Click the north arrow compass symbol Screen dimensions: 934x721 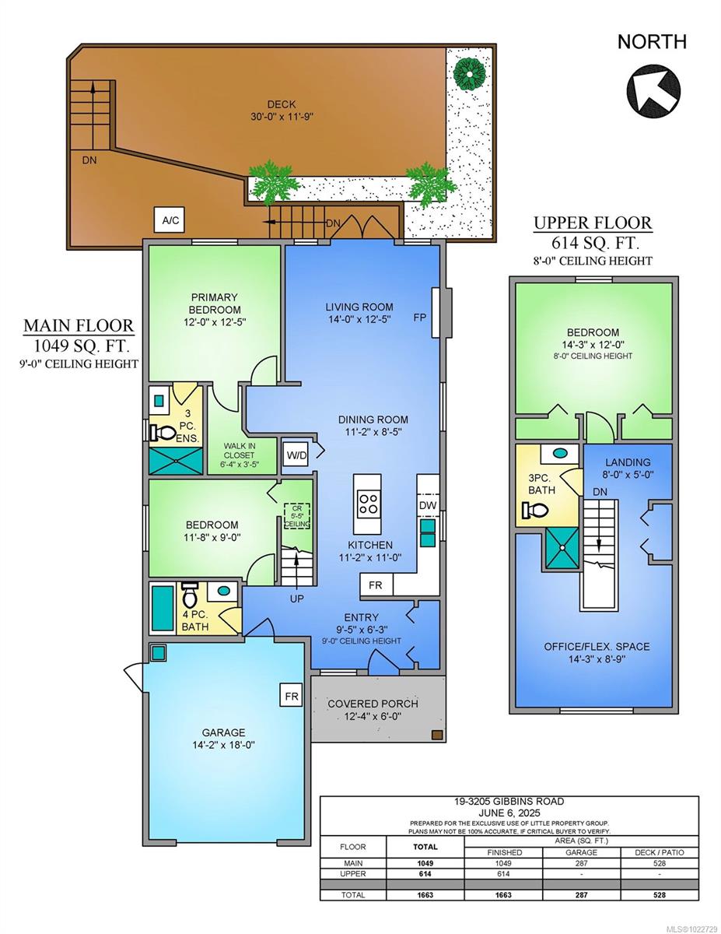pos(653,86)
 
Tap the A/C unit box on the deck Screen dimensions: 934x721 pos(170,220)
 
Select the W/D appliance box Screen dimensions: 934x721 pos(296,454)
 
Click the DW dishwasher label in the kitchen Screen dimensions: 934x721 pos(427,506)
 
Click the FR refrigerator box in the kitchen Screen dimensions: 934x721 pos(376,585)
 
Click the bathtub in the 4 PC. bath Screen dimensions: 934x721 pos(163,609)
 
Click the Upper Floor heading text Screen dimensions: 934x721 pos(592,223)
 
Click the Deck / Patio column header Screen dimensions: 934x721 pos(653,852)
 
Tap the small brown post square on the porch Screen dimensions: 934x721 pos(437,735)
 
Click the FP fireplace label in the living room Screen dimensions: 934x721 pos(419,318)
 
